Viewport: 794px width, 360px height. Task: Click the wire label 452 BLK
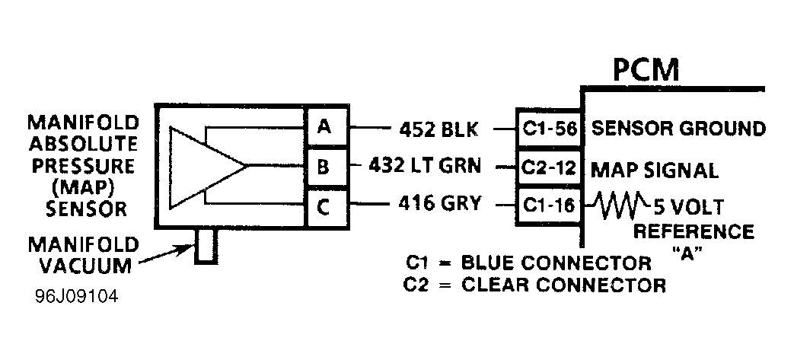point(439,129)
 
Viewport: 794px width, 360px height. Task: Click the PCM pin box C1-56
point(548,129)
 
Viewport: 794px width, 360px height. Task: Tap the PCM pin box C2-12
point(548,168)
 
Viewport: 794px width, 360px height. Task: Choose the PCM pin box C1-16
point(548,205)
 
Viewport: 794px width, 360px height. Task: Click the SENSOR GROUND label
point(678,128)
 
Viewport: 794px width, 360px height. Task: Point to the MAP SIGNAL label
point(654,170)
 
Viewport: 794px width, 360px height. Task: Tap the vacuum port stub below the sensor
point(206,246)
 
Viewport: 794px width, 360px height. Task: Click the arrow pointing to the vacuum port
point(168,255)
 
